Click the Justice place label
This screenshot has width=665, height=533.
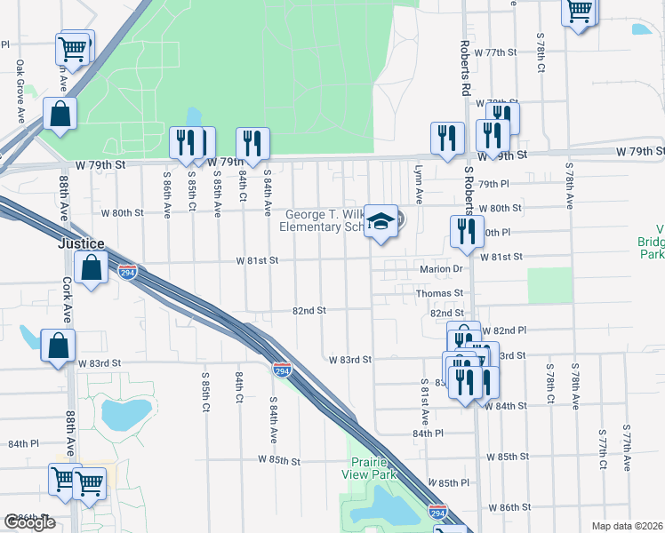pos(82,243)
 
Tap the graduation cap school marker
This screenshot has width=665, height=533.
pos(381,225)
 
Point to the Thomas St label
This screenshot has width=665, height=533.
pos(440,292)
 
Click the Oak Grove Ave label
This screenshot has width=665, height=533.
pos(20,91)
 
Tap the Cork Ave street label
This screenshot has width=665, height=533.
pos(68,300)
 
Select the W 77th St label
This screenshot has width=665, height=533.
pos(495,52)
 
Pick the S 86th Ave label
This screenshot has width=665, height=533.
pos(166,197)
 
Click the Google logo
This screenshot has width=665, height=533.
pos(29,521)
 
